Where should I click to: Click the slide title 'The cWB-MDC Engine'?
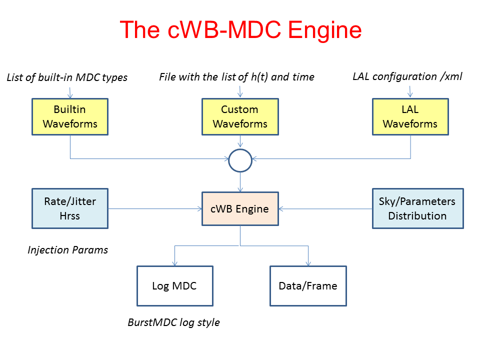[240, 30]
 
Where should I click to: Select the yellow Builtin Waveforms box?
[70, 116]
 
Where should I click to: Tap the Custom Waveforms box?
[240, 116]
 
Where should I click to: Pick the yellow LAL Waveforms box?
[410, 116]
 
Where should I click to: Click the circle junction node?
[240, 160]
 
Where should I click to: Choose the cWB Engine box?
[240, 209]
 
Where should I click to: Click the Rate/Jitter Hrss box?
[70, 208]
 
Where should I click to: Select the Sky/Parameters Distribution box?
[417, 208]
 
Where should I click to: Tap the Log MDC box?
[174, 286]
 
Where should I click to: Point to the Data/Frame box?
[308, 286]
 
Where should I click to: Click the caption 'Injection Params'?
[67, 249]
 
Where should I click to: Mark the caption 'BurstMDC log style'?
[173, 322]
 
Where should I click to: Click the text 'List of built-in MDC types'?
[67, 77]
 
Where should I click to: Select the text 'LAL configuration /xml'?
[407, 76]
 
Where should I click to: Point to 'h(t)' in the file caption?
[263, 77]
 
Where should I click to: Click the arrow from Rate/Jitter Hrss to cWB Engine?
[155, 208]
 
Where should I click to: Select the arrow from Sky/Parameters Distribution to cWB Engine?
[325, 208]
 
